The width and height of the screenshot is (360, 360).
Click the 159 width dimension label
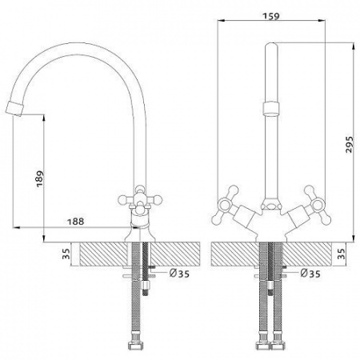(271, 16)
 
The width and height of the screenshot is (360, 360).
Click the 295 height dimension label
(350, 145)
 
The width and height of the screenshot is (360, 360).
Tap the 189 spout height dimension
(40, 178)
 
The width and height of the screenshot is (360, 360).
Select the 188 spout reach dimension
(75, 222)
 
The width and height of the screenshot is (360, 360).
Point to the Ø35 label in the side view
(179, 273)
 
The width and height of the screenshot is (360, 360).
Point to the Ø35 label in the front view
(310, 273)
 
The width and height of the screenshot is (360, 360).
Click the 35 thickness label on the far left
(66, 254)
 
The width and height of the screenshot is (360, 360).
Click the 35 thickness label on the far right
(341, 254)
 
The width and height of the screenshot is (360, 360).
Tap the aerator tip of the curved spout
(14, 109)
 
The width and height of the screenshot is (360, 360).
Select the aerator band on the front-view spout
(271, 108)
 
